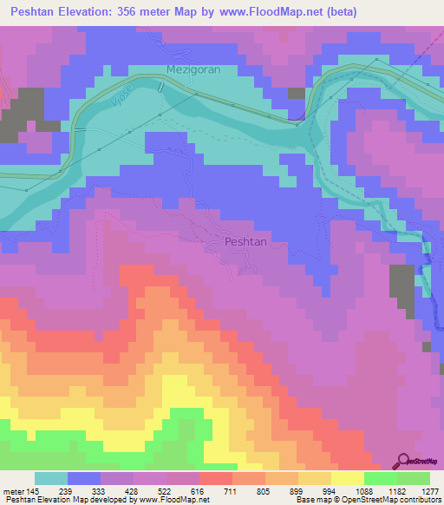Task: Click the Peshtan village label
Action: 244,243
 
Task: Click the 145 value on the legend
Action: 36,491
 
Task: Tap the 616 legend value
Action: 199,491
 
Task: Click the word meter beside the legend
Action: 14,491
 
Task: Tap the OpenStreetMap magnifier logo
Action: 404,462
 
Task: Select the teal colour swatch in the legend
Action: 51,478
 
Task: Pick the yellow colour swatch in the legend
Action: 347,478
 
